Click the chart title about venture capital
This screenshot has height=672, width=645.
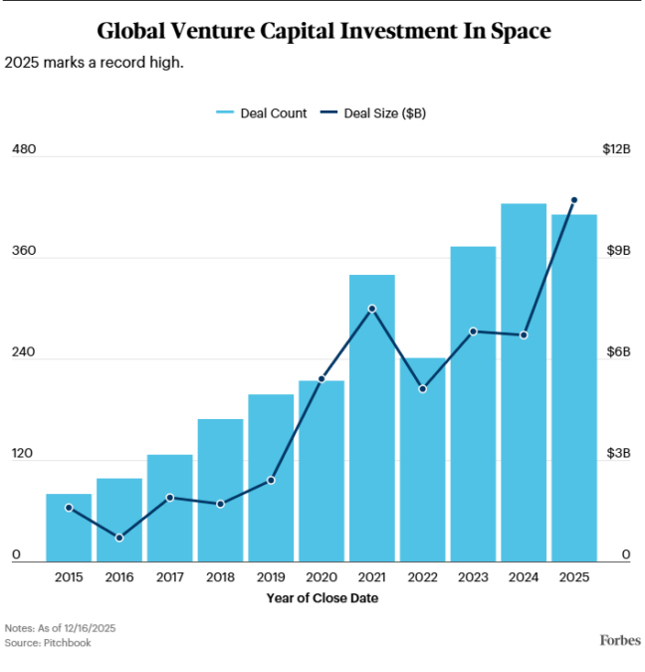tap(322, 31)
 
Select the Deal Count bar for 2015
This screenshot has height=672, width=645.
tap(69, 528)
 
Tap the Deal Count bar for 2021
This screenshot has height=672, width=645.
tap(371, 418)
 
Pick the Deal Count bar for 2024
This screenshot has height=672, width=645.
tap(524, 382)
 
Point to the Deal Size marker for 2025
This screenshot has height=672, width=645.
tap(574, 200)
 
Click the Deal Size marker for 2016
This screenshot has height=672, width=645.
tap(119, 538)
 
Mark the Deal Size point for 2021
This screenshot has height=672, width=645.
tap(371, 309)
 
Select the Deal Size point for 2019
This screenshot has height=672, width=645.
tap(271, 480)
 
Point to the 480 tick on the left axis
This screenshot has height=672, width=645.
tap(23, 149)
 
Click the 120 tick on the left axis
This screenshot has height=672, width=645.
tap(23, 454)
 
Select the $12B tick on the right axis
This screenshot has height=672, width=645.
tap(616, 149)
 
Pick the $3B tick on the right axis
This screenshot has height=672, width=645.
tap(619, 454)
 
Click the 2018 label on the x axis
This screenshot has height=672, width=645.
tap(220, 577)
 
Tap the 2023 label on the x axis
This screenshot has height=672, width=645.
tap(473, 577)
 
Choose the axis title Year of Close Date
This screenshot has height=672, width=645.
tap(322, 598)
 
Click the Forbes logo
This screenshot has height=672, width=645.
tap(619, 639)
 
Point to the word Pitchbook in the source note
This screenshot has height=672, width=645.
tap(68, 643)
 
